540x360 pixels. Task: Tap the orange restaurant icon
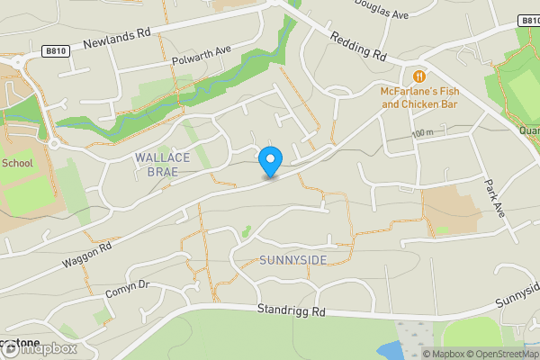419,76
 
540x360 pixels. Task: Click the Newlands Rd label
117,37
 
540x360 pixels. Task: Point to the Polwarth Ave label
202,56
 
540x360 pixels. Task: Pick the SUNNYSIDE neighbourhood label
292,260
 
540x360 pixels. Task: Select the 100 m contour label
422,134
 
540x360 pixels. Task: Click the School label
17,164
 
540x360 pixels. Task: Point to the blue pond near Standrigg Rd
392,350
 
